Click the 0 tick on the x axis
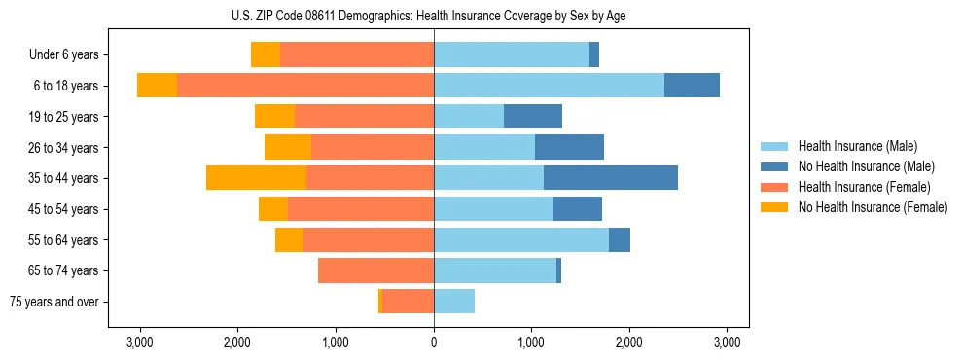pos(434,342)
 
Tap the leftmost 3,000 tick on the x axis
pos(140,342)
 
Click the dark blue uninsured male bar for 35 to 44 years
pos(611,178)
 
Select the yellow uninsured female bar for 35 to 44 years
pos(256,178)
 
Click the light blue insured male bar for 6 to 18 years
pos(549,86)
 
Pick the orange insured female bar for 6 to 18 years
pos(305,86)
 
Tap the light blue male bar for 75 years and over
pos(454,302)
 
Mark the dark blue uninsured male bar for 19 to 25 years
pos(533,117)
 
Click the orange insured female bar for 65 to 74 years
pos(375,270)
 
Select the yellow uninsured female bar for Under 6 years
pos(266,55)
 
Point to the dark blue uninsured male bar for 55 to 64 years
pos(620,239)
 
